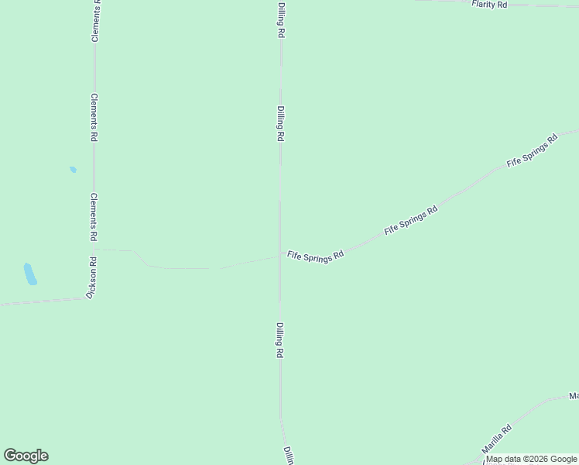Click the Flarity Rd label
point(489,5)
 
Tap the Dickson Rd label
point(92,278)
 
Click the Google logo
point(26,456)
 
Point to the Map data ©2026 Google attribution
point(532,459)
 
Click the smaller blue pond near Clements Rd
point(73,169)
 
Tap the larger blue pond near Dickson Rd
point(30,274)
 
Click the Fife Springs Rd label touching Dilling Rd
point(315,257)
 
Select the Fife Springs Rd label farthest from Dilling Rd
point(532,152)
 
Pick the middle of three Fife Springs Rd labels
point(411,221)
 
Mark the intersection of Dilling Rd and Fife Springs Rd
point(279,257)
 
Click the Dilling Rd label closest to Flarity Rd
point(281,20)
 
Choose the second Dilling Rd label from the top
point(281,124)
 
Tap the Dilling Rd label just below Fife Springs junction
point(279,340)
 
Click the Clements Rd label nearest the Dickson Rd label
point(93,216)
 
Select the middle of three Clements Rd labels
point(94,117)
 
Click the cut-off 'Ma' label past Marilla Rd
point(574,396)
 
